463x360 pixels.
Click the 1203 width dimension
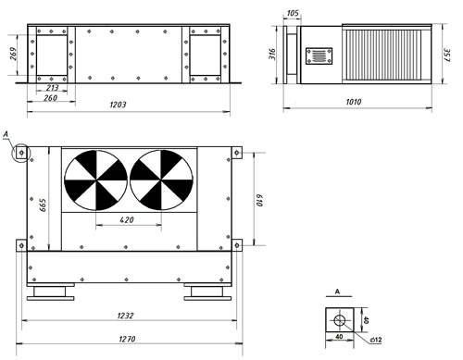click(118, 105)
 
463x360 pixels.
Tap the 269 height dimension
click(13, 54)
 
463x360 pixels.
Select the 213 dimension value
click(52, 88)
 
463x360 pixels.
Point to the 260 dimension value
click(51, 98)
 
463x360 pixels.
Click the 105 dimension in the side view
click(293, 13)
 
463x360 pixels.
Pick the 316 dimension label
click(272, 54)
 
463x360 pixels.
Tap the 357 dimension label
click(446, 55)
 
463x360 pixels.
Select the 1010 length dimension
click(354, 102)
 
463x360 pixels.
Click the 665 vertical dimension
click(43, 205)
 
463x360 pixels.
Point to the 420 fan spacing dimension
click(127, 220)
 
